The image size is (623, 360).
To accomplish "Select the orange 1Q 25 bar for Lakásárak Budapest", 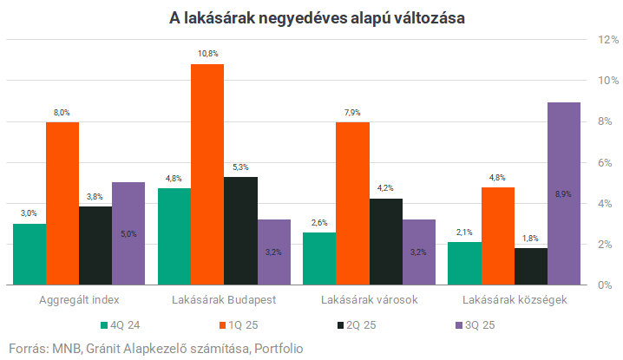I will coord(207,174).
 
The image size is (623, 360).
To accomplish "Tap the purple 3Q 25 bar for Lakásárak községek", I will coord(563,193).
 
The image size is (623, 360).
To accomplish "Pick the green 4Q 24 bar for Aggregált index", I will coord(30,254).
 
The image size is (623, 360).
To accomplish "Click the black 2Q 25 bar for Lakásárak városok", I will coord(385,241).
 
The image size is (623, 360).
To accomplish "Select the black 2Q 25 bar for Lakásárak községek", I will coord(530,266).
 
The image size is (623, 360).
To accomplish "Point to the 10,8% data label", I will coord(207,55).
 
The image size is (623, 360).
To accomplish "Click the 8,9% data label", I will coord(563,193).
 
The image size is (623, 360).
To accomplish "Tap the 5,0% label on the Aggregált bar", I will coord(128,233).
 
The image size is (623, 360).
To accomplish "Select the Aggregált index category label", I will coord(79,300).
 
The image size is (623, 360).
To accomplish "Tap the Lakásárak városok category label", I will coord(370,300).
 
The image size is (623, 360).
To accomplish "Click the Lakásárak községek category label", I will coord(515,300).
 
